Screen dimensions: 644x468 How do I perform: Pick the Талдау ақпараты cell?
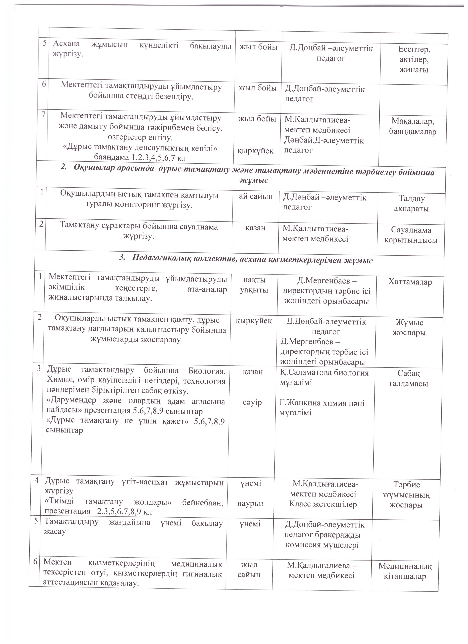click(411, 204)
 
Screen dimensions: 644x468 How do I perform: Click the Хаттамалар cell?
click(410, 282)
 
